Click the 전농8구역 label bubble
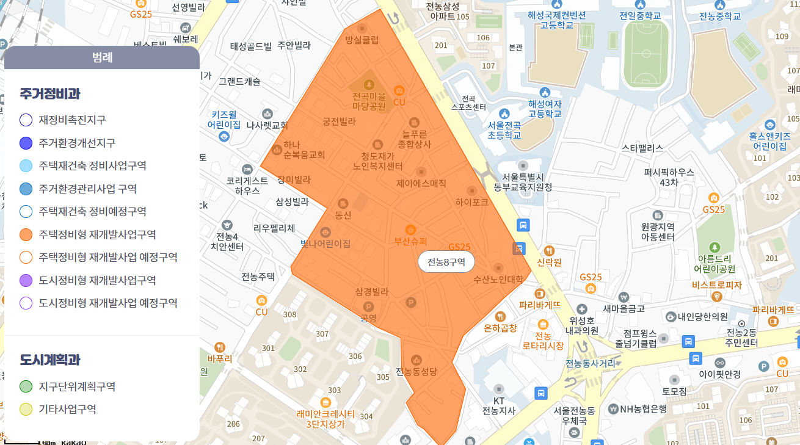(x=446, y=262)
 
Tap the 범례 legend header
(x=102, y=58)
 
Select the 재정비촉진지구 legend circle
(x=26, y=120)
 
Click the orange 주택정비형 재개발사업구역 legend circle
(x=26, y=234)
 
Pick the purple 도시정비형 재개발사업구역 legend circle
(x=26, y=280)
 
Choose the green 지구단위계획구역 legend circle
(x=26, y=386)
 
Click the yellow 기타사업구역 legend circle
(x=26, y=409)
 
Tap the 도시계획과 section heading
(x=50, y=360)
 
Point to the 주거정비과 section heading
(x=50, y=94)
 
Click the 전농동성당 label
(x=416, y=371)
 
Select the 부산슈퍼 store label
(x=410, y=241)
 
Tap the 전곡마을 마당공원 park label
(x=369, y=101)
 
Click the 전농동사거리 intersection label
(x=591, y=363)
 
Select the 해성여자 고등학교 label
(x=545, y=109)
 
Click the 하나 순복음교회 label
(x=304, y=150)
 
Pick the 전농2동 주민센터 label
(x=741, y=338)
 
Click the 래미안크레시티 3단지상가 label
(x=325, y=418)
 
